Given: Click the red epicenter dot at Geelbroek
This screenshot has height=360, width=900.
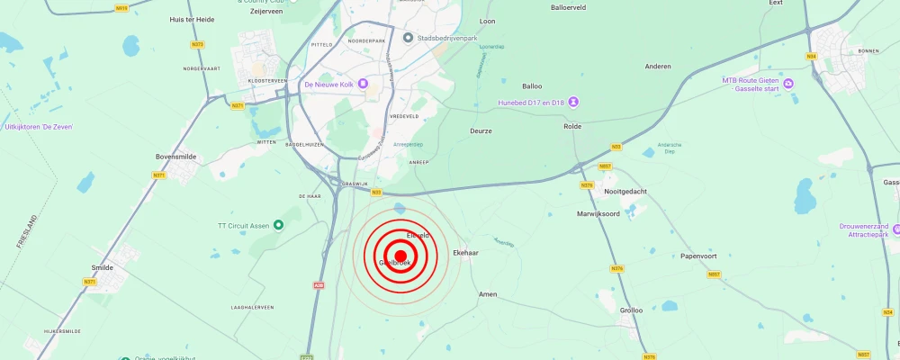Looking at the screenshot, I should click(x=400, y=256).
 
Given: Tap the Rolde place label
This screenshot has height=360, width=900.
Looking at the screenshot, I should click(x=572, y=126).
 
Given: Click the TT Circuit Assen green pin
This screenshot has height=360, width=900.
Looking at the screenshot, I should click(x=278, y=225).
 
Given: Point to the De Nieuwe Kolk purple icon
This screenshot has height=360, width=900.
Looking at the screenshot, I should click(x=364, y=85).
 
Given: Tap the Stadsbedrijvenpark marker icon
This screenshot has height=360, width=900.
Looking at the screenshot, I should click(x=408, y=38).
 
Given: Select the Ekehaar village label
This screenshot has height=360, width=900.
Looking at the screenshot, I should click(x=465, y=253).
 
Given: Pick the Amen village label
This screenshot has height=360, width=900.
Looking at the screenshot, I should click(x=488, y=294).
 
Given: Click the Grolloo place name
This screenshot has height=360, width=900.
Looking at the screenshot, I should click(x=631, y=310).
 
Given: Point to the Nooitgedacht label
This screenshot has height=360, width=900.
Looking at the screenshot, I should click(x=625, y=191).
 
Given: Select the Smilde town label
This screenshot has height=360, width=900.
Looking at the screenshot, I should click(x=103, y=267).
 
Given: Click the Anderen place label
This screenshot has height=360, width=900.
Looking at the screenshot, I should click(x=659, y=67).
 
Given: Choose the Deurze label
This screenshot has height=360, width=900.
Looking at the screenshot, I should click(x=481, y=130).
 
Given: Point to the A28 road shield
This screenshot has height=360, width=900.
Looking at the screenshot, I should click(x=319, y=285).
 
